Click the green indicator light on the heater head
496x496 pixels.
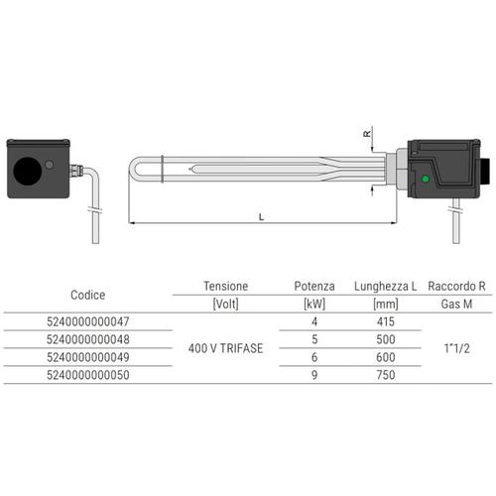click(424, 179)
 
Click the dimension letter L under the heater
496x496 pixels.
click(261, 215)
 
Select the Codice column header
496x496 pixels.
click(88, 295)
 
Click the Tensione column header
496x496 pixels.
click(226, 286)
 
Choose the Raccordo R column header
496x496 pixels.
click(455, 286)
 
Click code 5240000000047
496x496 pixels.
click(88, 321)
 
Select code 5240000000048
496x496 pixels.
click(88, 339)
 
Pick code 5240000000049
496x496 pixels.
click(88, 357)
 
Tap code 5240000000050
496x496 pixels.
click(88, 376)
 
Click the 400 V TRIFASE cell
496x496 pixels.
click(226, 348)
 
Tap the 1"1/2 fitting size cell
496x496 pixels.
click(455, 348)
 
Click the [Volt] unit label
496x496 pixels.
click(226, 304)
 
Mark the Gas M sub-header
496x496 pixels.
click(455, 304)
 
